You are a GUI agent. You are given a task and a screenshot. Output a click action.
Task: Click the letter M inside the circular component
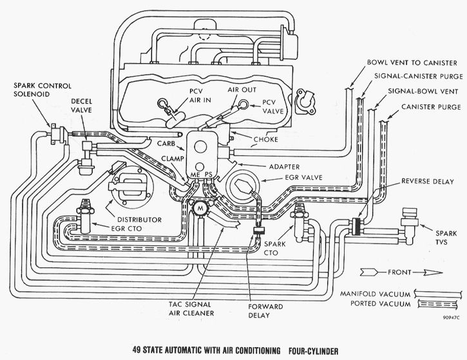(x=201, y=208)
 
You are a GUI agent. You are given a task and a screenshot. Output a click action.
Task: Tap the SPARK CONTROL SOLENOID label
(x=43, y=90)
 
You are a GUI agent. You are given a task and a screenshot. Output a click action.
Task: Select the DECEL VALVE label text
(x=81, y=106)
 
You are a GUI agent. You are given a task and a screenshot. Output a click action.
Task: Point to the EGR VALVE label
(x=303, y=178)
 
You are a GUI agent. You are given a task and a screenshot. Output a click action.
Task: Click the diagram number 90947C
(x=451, y=317)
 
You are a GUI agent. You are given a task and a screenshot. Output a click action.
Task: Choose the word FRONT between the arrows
(x=399, y=272)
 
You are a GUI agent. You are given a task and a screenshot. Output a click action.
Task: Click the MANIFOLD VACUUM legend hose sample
(x=437, y=294)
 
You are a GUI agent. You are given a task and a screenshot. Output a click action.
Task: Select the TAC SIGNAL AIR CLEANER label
(x=191, y=308)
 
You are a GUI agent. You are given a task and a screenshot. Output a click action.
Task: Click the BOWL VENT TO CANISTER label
(x=412, y=63)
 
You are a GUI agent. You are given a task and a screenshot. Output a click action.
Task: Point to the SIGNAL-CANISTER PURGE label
(x=419, y=76)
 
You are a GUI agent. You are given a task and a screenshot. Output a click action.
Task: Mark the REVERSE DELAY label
(x=428, y=182)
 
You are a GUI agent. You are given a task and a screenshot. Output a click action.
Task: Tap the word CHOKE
(x=265, y=139)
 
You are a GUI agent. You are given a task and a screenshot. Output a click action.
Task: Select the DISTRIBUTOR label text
(x=139, y=220)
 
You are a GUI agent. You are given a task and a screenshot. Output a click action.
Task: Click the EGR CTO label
(x=126, y=229)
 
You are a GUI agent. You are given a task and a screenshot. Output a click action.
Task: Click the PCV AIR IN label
(x=200, y=95)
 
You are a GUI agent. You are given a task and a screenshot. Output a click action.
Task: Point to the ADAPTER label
(x=284, y=167)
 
